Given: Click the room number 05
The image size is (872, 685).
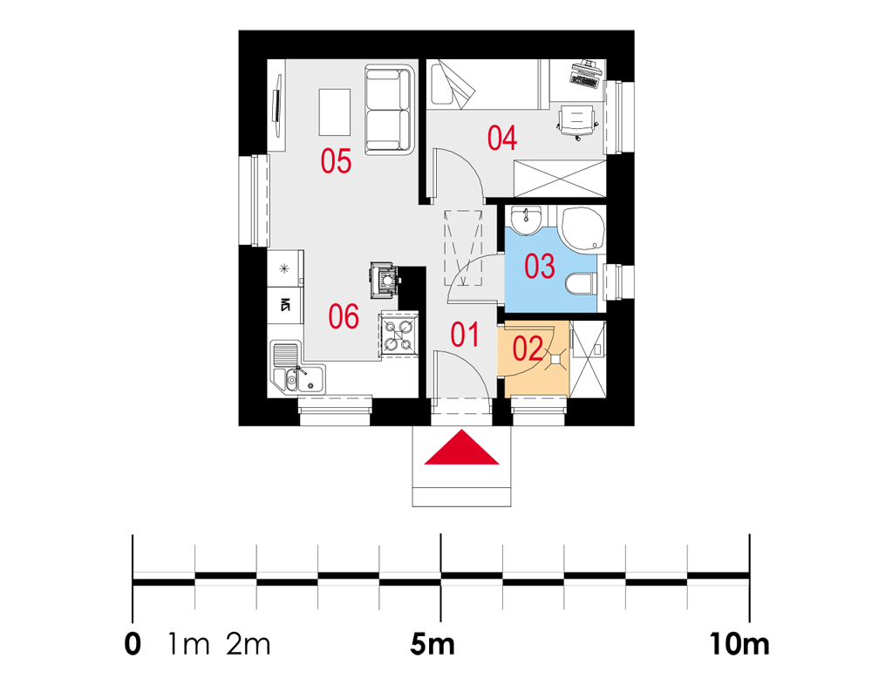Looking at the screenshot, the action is [336, 162].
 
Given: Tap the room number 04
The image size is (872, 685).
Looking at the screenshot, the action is [502, 138].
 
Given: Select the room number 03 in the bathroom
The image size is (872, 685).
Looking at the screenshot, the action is [540, 266].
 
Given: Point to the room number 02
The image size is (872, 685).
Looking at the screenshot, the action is [528, 349].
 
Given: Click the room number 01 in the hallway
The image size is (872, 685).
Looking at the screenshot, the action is [465, 336].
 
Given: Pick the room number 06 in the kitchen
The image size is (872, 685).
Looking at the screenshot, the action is [344, 317].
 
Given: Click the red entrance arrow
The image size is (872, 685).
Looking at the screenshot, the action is [461, 447].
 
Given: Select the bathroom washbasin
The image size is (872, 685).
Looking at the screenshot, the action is [526, 220].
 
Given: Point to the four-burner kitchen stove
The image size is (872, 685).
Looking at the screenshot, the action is [399, 336].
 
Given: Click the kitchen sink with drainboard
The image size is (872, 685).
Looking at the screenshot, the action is [297, 367].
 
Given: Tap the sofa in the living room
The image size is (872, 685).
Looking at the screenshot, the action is [389, 110].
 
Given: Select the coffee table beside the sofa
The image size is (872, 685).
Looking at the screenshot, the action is [334, 112].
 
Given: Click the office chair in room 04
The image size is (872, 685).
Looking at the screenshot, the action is [578, 122].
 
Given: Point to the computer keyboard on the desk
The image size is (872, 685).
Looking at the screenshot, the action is [584, 82].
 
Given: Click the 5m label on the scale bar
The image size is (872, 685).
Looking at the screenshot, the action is [433, 645].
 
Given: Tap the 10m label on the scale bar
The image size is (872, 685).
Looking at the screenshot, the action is [739, 645].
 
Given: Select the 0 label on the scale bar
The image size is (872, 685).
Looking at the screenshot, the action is [133, 645].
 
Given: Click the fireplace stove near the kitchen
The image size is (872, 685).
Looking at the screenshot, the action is [385, 279].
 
